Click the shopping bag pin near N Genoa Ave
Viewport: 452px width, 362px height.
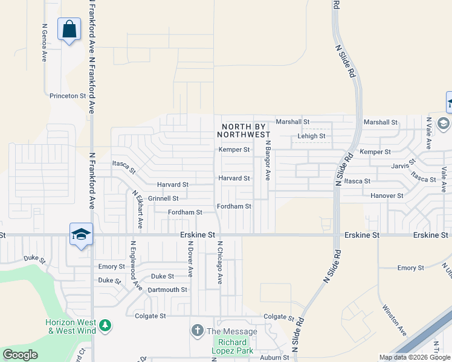[x=69, y=29]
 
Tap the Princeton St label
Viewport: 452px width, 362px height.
[x=68, y=96]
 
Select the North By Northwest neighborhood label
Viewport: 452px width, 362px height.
[x=245, y=131]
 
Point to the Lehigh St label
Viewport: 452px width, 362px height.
[x=311, y=136]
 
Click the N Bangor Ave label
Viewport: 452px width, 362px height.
[x=266, y=160]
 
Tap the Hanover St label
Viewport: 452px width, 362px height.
[x=387, y=196]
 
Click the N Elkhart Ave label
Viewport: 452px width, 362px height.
[x=138, y=209]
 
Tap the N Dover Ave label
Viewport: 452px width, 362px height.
[x=190, y=259]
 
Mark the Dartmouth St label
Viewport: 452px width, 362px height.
[x=167, y=290]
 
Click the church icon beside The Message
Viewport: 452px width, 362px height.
[x=197, y=331]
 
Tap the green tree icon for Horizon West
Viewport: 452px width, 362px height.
[x=106, y=326]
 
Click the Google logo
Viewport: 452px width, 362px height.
[x=20, y=355]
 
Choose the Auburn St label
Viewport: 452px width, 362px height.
[x=275, y=358]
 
